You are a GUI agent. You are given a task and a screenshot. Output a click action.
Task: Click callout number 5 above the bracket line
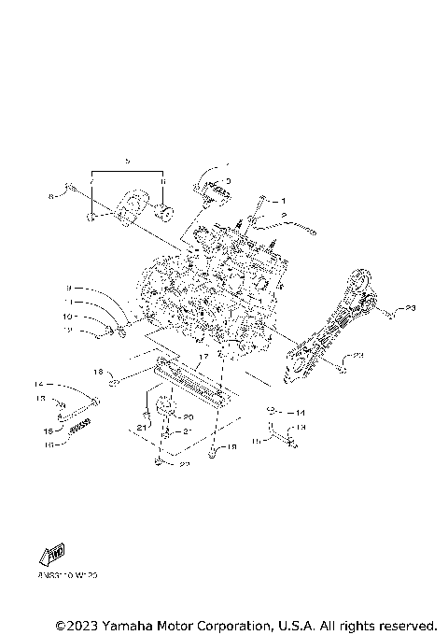click(127, 162)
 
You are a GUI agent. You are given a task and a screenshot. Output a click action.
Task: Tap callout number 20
click(187, 417)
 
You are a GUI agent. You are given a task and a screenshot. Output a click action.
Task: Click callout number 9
click(68, 288)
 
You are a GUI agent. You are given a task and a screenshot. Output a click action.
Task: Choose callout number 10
click(67, 317)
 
